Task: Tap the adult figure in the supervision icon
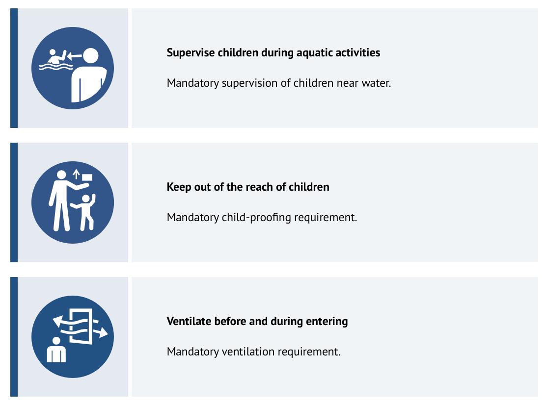tap(89, 78)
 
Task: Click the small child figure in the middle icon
tap(85, 212)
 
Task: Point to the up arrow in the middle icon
tap(76, 174)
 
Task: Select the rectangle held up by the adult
tap(87, 176)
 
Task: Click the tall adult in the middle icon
tap(61, 201)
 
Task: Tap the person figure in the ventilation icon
tap(56, 350)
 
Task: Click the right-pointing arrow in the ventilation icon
tap(102, 333)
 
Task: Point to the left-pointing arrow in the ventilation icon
tap(59, 322)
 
